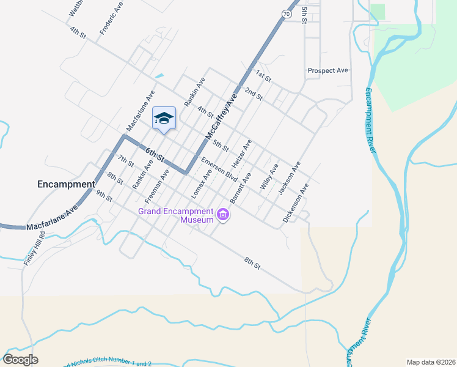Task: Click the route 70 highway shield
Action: tap(287, 13)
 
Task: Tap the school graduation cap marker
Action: tap(164, 117)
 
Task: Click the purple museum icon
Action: tap(223, 215)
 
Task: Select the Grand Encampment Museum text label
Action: tap(175, 215)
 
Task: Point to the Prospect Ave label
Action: tap(328, 70)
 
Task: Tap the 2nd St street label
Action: tap(253, 94)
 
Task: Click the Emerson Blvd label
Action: tap(219, 169)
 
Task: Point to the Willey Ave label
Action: tap(269, 177)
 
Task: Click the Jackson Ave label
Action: tap(290, 178)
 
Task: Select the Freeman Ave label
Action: tap(156, 187)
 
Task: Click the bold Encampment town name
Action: tap(66, 183)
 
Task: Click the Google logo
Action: tap(21, 359)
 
